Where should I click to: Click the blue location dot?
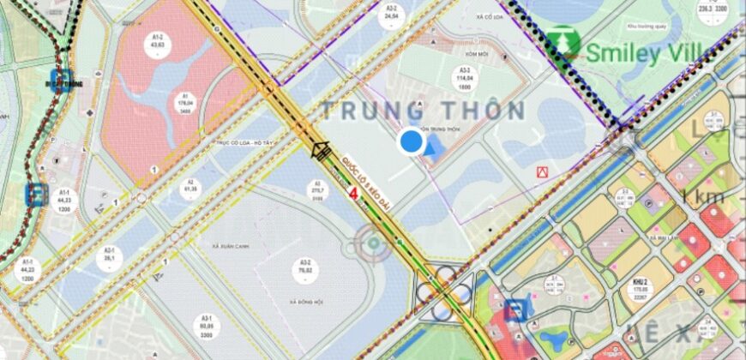pyautogui.click(x=412, y=141)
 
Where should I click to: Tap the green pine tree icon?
pyautogui.click(x=564, y=44)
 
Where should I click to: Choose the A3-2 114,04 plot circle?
pyautogui.click(x=466, y=80)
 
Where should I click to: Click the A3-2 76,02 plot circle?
pyautogui.click(x=304, y=270)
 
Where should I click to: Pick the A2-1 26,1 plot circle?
pyautogui.click(x=110, y=255)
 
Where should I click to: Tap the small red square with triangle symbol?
pyautogui.click(x=541, y=172)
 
